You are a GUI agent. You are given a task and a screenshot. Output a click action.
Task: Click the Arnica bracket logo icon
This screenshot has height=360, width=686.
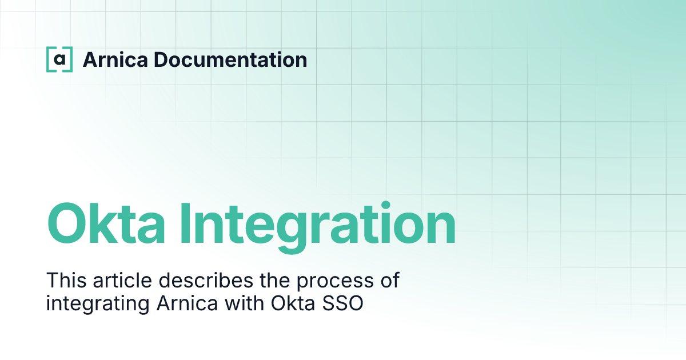coord(59,59)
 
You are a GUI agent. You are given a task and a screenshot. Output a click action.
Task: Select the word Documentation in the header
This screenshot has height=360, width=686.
coord(230,59)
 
